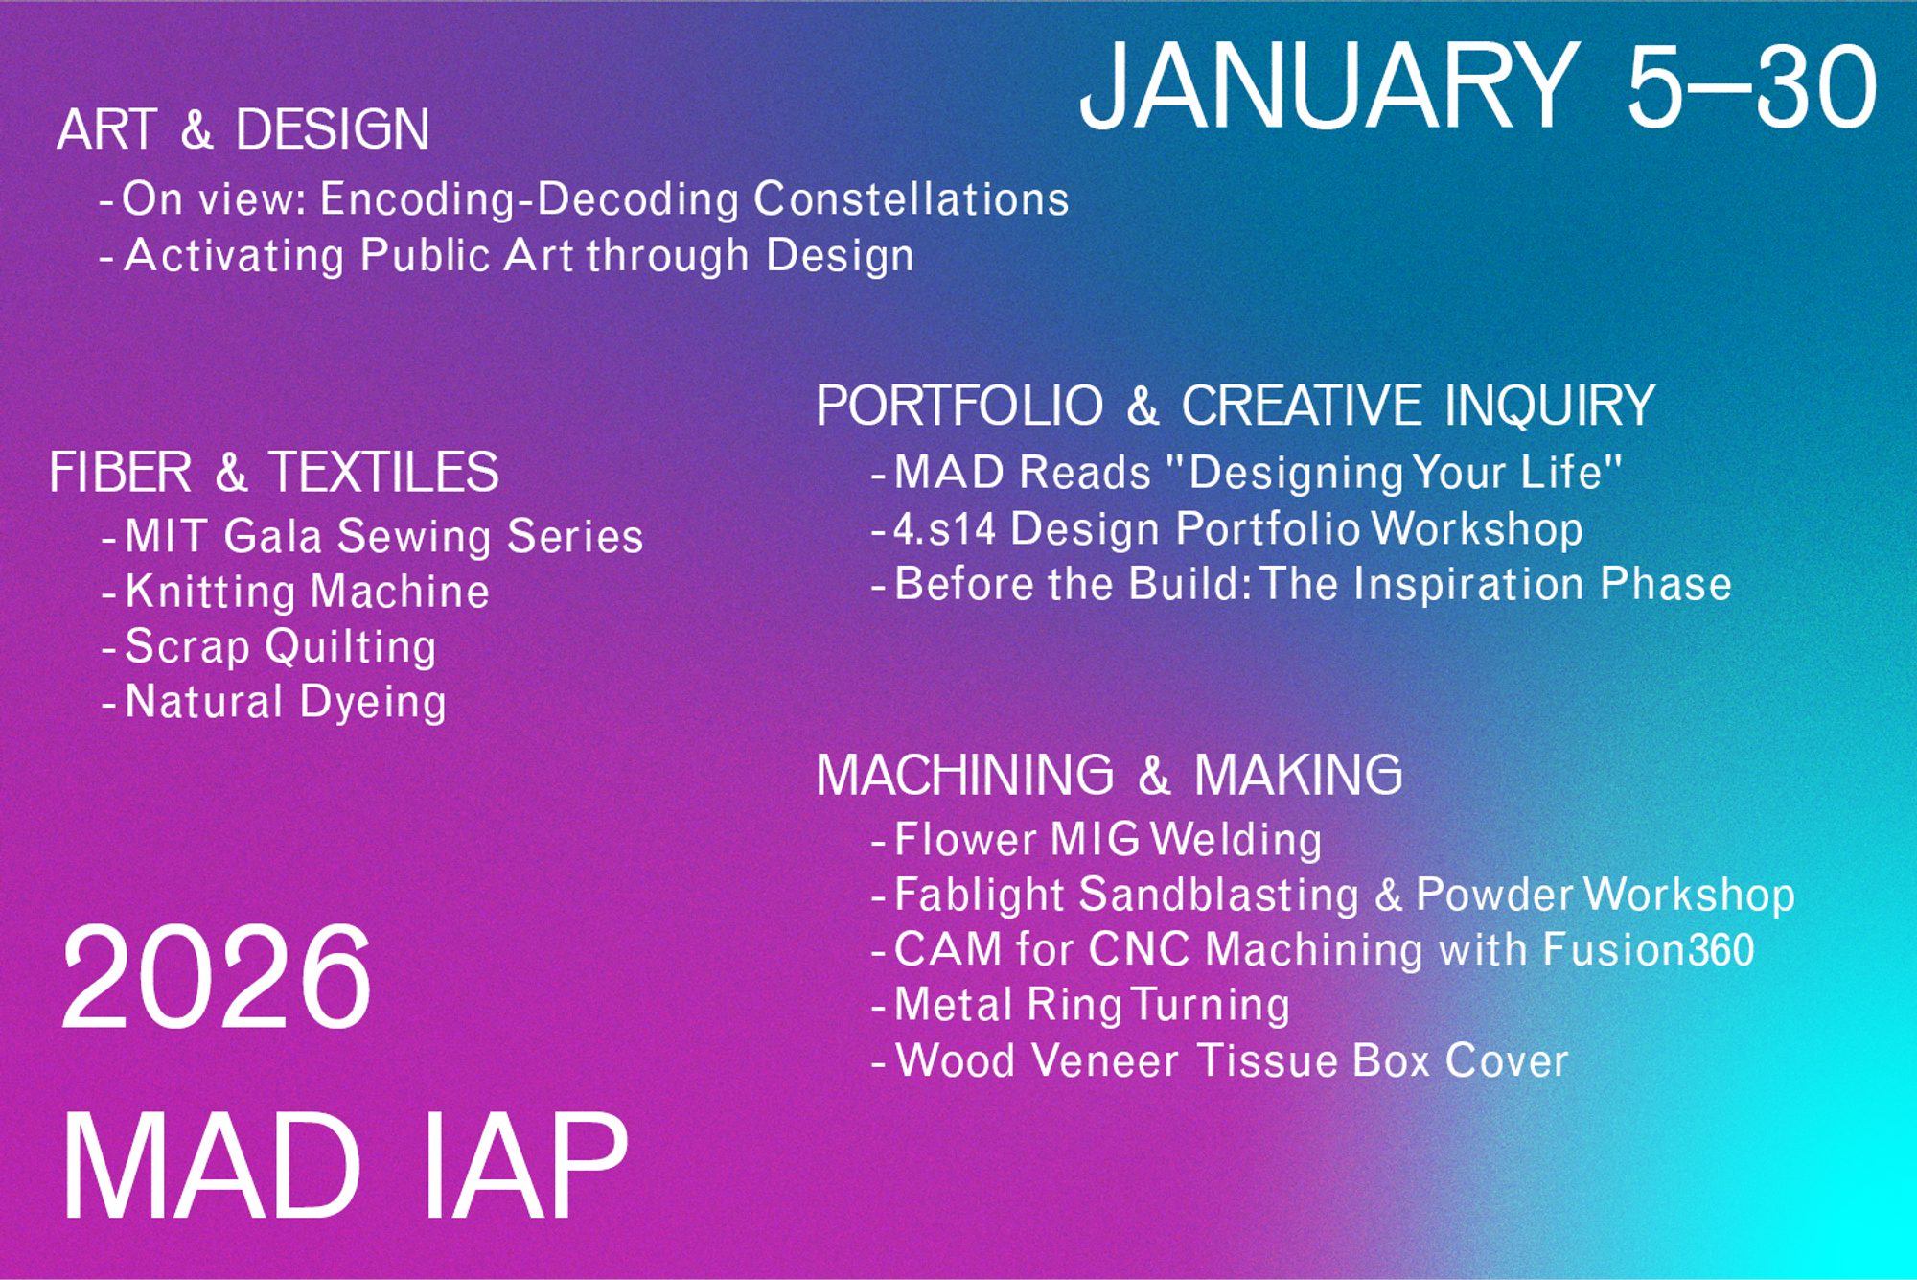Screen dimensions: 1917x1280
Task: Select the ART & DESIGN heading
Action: click(x=243, y=129)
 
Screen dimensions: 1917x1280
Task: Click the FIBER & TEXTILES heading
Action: click(x=274, y=472)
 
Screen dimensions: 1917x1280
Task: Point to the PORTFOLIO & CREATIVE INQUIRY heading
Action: click(x=1236, y=406)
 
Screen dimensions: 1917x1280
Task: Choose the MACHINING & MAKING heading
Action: click(x=1109, y=775)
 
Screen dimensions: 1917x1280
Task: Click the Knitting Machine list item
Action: click(x=307, y=592)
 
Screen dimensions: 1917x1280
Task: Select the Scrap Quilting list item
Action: click(x=281, y=647)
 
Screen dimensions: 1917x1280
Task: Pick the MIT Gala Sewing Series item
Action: click(x=384, y=536)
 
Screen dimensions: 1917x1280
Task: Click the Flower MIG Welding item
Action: click(x=1108, y=840)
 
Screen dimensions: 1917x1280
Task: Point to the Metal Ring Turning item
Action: click(x=1092, y=1006)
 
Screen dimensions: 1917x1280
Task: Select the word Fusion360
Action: click(x=1649, y=950)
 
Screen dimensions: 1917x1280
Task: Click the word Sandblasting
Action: click(x=1219, y=896)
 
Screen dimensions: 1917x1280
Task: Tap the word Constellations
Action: click(x=912, y=199)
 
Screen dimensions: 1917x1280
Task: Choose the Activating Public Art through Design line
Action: click(x=520, y=256)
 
